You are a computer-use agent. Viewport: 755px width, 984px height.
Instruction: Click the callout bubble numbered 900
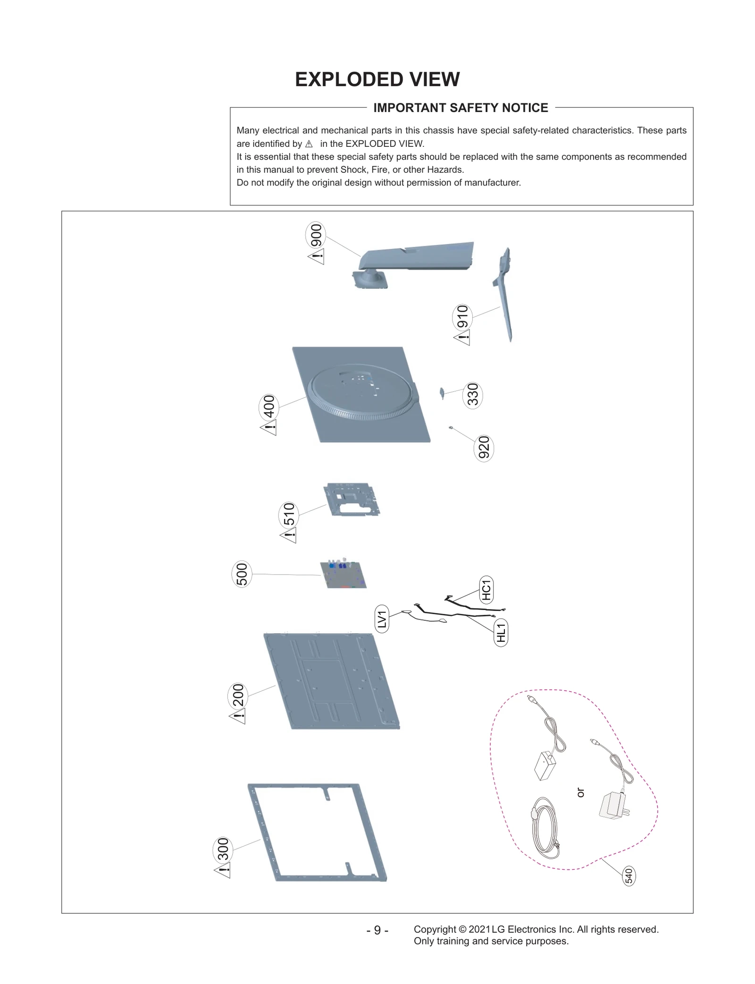click(316, 235)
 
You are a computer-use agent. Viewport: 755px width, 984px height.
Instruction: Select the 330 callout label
click(472, 395)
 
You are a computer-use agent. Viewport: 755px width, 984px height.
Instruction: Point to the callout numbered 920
click(483, 448)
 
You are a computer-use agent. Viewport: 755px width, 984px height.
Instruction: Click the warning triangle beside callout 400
click(269, 428)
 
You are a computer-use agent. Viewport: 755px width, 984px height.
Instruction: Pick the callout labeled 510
click(288, 515)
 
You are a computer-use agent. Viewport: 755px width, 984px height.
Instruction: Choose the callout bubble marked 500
click(242, 574)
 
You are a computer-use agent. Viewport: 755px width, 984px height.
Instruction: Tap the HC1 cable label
click(486, 589)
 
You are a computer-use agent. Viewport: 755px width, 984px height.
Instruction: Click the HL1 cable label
click(501, 633)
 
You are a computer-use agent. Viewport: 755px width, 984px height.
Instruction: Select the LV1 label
click(382, 619)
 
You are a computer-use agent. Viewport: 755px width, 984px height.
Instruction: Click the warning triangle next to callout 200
click(238, 717)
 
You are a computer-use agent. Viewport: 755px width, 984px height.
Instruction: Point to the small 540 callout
click(629, 876)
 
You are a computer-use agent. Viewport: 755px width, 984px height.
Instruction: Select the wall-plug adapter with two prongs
click(613, 806)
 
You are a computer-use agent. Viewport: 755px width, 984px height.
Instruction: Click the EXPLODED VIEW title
click(377, 79)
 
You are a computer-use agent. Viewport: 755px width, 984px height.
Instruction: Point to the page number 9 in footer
click(377, 930)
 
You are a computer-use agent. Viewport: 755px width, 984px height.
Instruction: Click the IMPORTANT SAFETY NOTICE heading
click(461, 108)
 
